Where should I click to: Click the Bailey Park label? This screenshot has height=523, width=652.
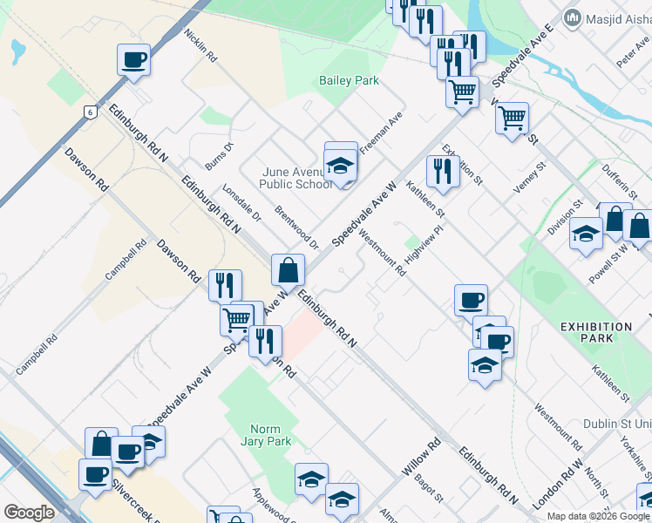coord(349,80)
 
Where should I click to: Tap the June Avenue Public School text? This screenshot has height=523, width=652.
coord(295,178)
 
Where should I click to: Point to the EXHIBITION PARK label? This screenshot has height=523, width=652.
coord(596,332)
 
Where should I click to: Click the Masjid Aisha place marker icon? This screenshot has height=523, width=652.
coord(573,17)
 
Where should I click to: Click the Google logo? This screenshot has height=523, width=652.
coord(29,513)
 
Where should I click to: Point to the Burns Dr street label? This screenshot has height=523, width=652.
coord(220,156)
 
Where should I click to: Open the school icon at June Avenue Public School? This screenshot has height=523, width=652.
coord(340,164)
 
